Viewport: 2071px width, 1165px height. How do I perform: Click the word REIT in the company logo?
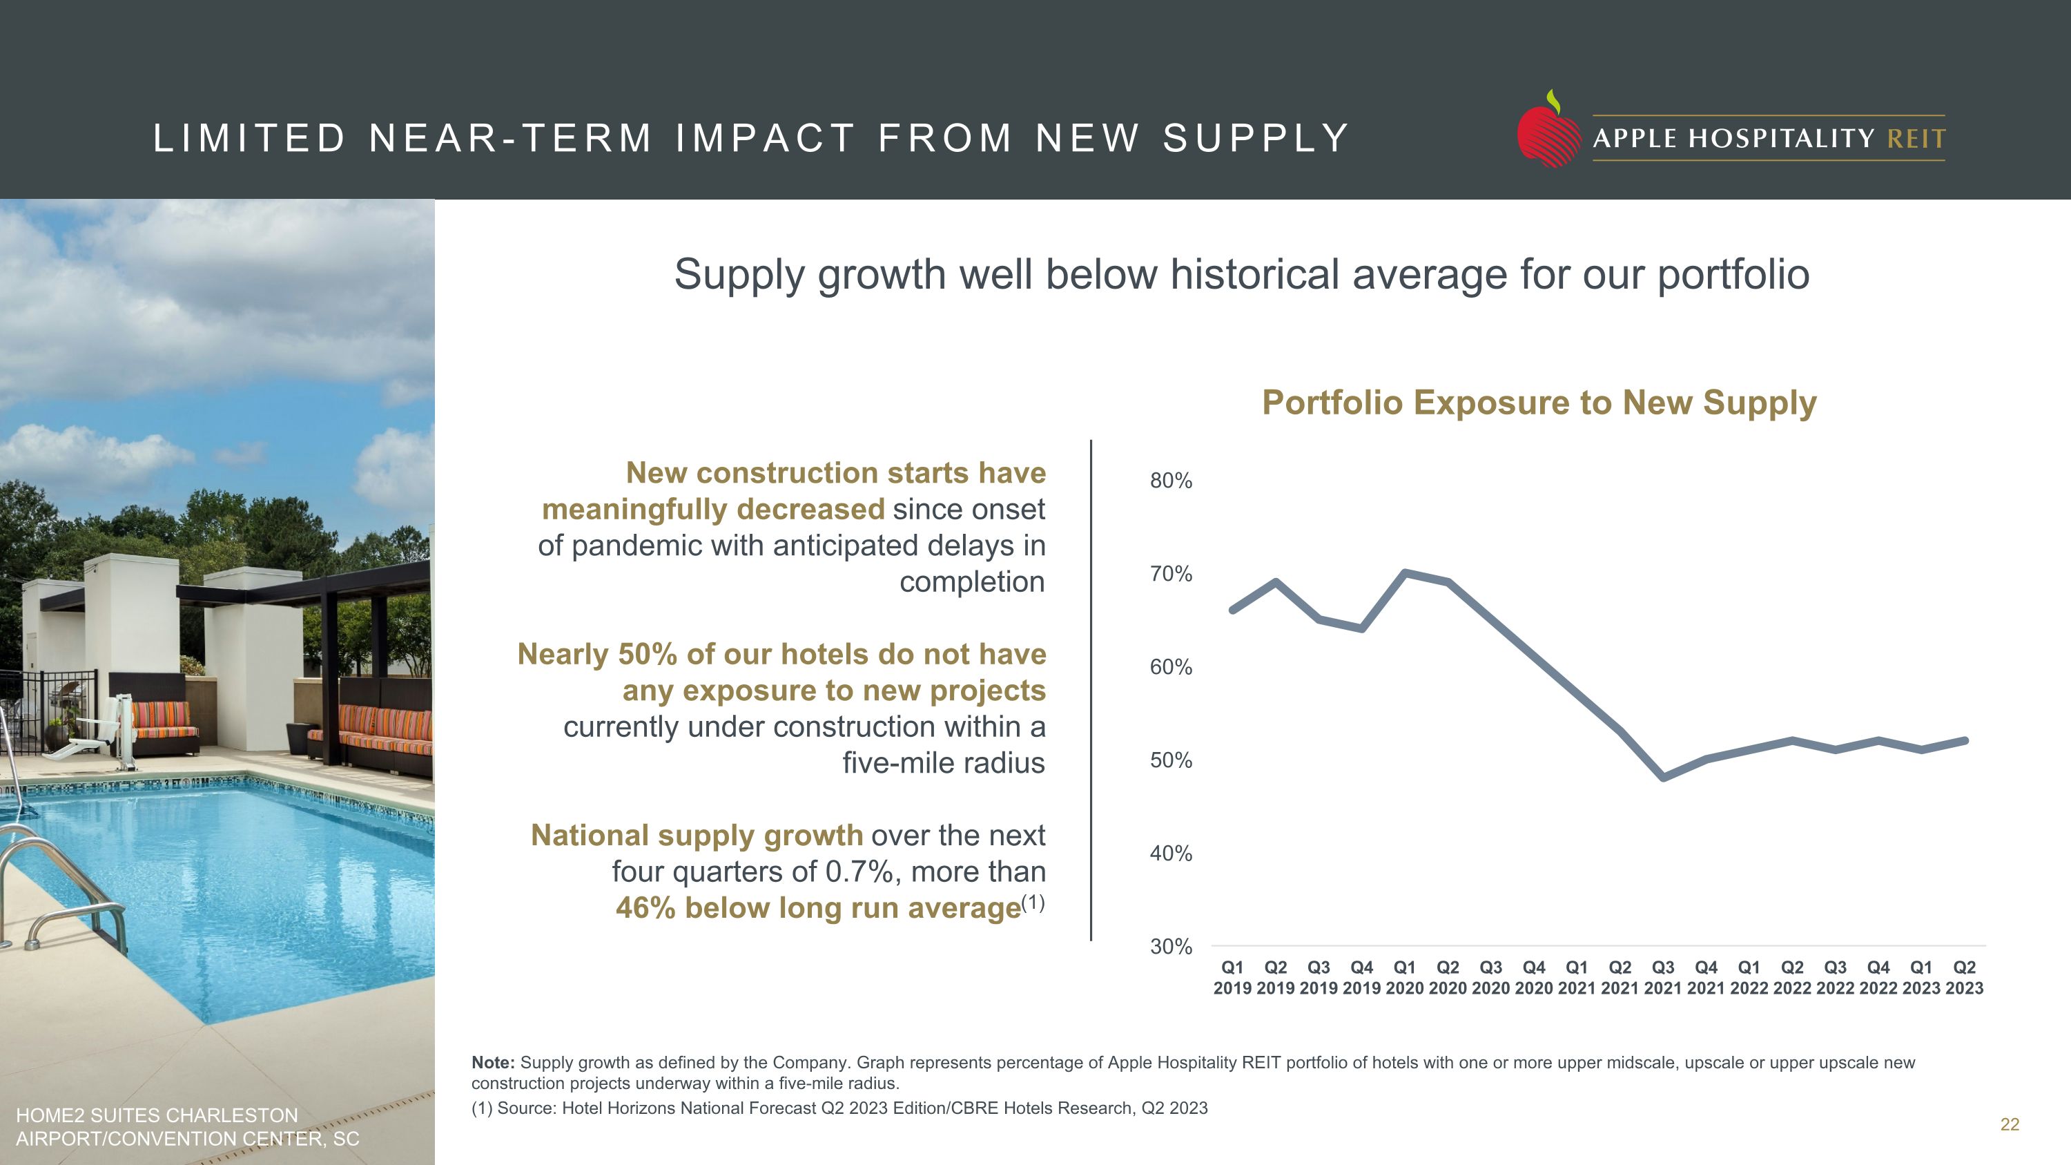pos(1916,139)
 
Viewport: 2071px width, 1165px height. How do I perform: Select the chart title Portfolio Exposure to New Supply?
pos(1539,403)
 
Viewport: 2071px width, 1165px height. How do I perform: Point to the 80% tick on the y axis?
pos(1171,481)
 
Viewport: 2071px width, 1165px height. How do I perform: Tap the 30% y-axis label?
pos(1171,946)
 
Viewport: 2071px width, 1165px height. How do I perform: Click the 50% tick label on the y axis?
pos(1171,760)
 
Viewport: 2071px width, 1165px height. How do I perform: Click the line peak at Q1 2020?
pos(1405,572)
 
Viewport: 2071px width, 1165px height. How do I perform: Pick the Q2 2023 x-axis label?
pos(1964,978)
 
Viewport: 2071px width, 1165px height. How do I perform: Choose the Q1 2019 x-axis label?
pos(1232,978)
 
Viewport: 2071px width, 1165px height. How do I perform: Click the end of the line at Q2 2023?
pos(1965,740)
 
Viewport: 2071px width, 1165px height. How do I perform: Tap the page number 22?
pos(2009,1125)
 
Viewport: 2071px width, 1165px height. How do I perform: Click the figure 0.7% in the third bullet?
pos(855,872)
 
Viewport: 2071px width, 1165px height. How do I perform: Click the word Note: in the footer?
pos(493,1063)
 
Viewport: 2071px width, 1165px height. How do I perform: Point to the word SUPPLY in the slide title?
pos(1256,138)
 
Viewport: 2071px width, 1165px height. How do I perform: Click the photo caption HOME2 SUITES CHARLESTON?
pos(157,1115)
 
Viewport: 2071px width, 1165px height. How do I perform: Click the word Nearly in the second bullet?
pos(563,655)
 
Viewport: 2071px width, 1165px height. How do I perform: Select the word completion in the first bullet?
pos(972,581)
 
